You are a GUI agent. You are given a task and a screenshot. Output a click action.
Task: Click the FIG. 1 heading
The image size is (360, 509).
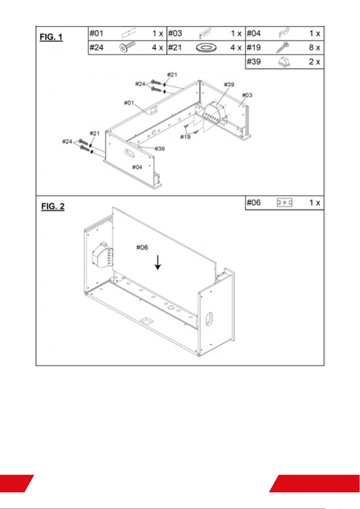pyautogui.click(x=51, y=37)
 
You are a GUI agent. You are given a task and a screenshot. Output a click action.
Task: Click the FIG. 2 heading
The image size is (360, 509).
pyautogui.click(x=53, y=206)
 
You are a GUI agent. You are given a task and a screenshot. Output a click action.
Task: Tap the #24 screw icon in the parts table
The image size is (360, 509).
pyautogui.click(x=127, y=47)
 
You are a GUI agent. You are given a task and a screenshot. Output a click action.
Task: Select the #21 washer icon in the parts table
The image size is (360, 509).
pyautogui.click(x=206, y=48)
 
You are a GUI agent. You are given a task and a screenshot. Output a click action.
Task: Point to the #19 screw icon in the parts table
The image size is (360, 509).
pyautogui.click(x=283, y=47)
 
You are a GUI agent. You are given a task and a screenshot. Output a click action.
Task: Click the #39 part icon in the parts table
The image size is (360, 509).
pyautogui.click(x=284, y=62)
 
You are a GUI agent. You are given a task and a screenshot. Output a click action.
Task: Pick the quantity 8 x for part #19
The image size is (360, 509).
pyautogui.click(x=315, y=47)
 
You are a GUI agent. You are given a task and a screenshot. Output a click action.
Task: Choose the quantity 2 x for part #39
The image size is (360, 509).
pyautogui.click(x=315, y=62)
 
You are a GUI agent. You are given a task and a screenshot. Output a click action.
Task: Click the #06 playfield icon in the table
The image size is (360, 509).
pyautogui.click(x=284, y=202)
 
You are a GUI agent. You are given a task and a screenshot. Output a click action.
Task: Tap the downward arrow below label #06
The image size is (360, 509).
pyautogui.click(x=158, y=263)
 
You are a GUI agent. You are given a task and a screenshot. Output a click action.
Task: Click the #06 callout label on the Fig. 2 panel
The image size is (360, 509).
pyautogui.click(x=142, y=247)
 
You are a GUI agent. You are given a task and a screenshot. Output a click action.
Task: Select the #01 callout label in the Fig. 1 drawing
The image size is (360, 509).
pyautogui.click(x=129, y=103)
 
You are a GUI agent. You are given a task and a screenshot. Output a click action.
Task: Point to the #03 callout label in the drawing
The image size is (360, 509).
pyautogui.click(x=247, y=95)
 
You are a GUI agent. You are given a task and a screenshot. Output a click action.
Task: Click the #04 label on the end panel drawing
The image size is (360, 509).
pyautogui.click(x=137, y=167)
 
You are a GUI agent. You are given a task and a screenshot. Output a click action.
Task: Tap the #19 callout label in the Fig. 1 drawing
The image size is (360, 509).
pyautogui.click(x=185, y=137)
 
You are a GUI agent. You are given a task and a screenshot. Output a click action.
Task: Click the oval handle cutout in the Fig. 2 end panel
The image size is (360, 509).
pyautogui.click(x=209, y=319)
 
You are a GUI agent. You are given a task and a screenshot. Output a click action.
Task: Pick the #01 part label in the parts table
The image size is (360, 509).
pyautogui.click(x=97, y=34)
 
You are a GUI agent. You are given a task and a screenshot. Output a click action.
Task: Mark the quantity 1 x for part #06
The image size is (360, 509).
pyautogui.click(x=315, y=202)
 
